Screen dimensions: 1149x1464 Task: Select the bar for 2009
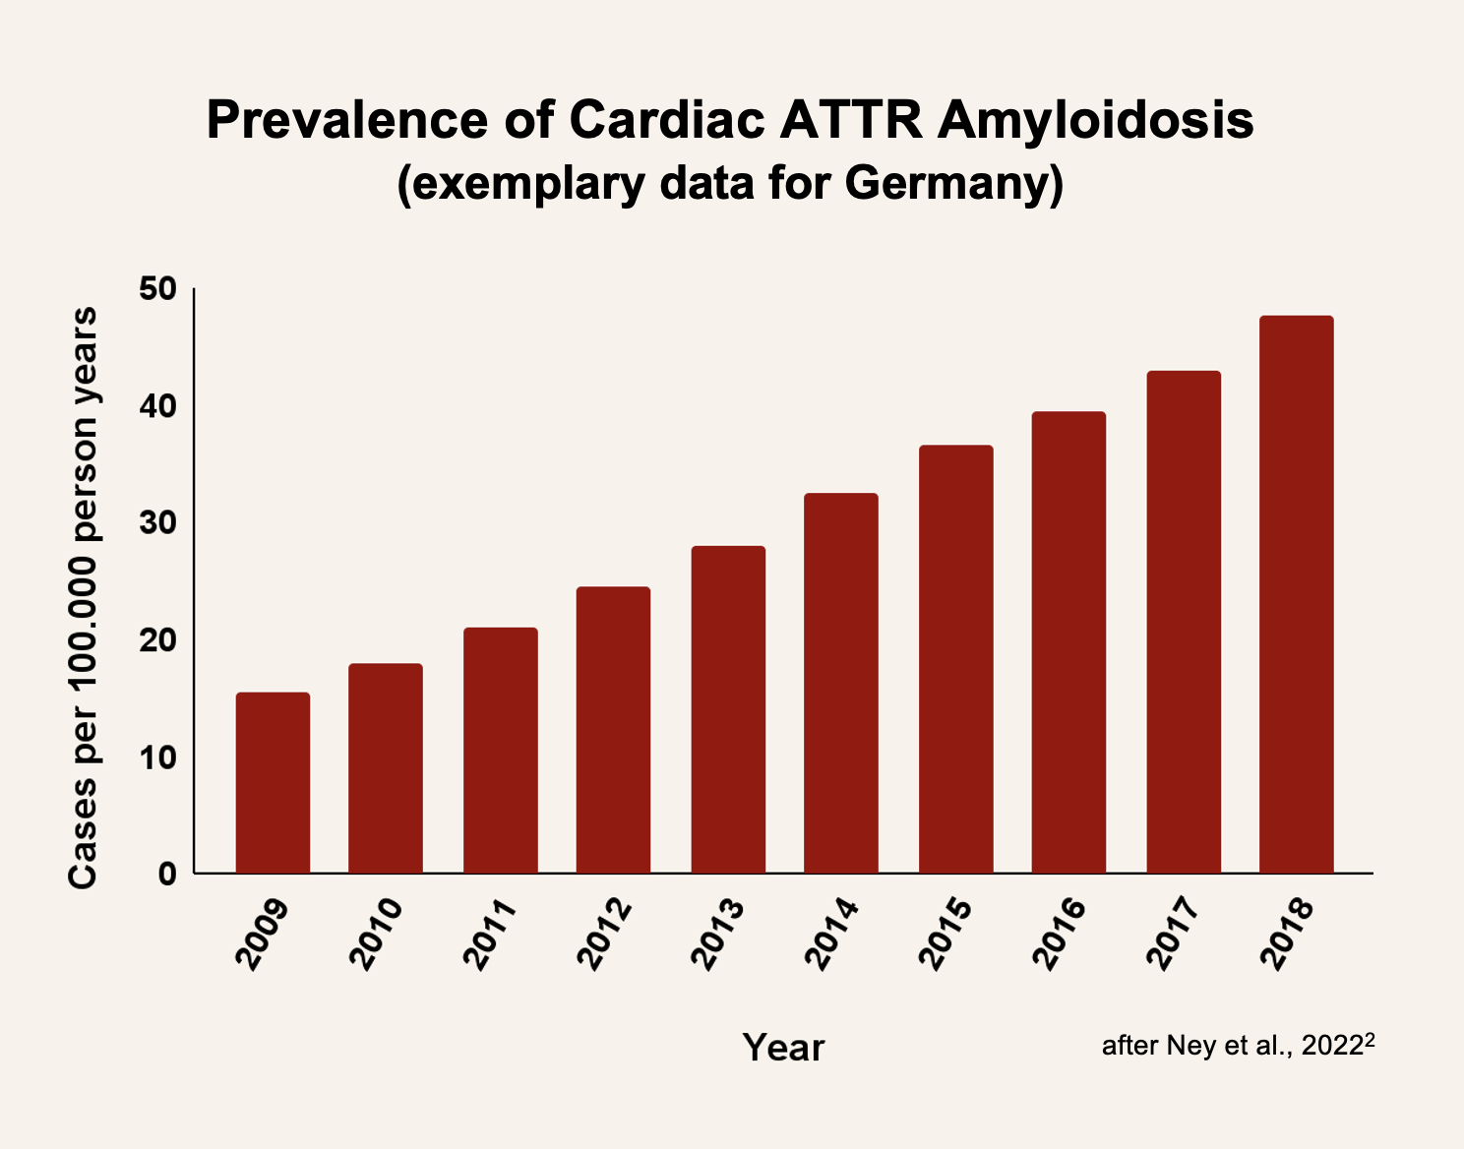click(273, 783)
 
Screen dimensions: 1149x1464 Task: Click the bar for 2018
click(1296, 595)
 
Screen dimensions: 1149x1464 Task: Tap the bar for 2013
click(728, 709)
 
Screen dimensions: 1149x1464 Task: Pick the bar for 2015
click(955, 659)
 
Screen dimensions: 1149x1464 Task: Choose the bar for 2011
click(500, 751)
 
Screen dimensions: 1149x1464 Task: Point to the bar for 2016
click(1068, 642)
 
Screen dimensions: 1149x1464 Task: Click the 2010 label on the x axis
click(377, 935)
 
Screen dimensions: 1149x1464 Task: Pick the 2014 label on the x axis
click(832, 935)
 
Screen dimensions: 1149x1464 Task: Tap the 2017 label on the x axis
click(1174, 935)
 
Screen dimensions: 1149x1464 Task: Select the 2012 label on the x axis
click(604, 935)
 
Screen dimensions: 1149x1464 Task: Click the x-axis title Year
click(783, 1048)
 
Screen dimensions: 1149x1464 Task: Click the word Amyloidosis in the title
click(1095, 121)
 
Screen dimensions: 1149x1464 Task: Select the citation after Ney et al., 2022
click(1236, 1045)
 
